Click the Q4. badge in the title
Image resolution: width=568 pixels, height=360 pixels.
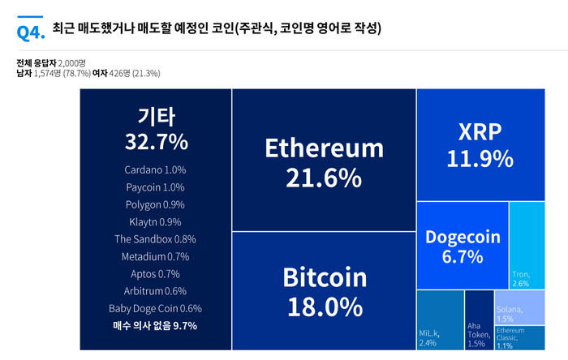tap(30, 31)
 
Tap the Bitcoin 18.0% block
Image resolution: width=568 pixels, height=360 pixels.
tap(324, 291)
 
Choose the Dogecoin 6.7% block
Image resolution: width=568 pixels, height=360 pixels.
tap(463, 246)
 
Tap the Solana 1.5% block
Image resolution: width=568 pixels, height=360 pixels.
tap(519, 307)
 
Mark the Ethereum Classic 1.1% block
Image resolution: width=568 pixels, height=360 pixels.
tap(519, 338)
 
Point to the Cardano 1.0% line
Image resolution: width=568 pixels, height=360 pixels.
tap(155, 170)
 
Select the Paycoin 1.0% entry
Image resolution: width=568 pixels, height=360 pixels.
tap(155, 187)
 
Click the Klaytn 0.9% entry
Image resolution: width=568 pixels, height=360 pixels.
tap(155, 222)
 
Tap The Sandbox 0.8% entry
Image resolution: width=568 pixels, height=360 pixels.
tap(155, 239)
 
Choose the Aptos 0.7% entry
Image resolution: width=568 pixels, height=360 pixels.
tap(155, 274)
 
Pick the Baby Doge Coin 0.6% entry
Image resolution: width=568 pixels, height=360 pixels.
tap(155, 309)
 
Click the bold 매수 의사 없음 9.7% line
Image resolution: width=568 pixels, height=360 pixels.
tap(155, 326)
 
